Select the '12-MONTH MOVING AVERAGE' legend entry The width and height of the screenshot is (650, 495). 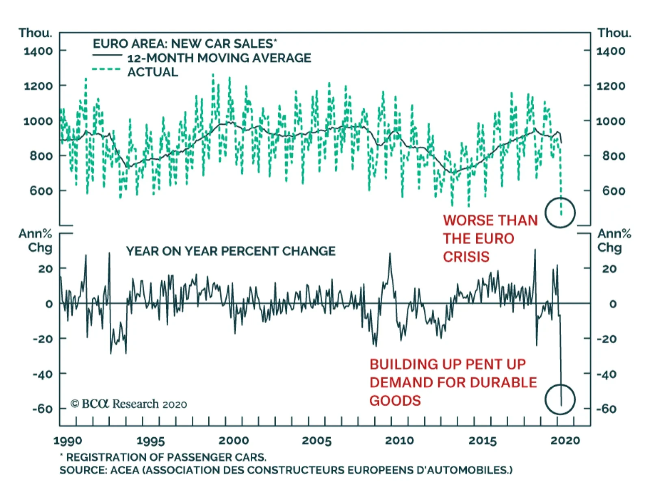pyautogui.click(x=219, y=58)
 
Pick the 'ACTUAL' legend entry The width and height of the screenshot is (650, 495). pyautogui.click(x=153, y=72)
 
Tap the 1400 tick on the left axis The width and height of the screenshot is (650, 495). pyautogui.click(x=38, y=51)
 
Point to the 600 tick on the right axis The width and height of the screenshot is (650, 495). pyautogui.click(x=614, y=191)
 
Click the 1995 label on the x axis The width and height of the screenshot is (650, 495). pyautogui.click(x=151, y=441)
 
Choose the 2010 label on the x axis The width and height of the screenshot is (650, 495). pyautogui.click(x=399, y=441)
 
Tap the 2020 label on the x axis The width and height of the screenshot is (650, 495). pyautogui.click(x=565, y=441)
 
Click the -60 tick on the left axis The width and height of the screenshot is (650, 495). pyautogui.click(x=43, y=408)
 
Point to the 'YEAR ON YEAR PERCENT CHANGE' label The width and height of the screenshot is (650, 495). pyautogui.click(x=231, y=252)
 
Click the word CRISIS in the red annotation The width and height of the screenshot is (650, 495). pyautogui.click(x=466, y=257)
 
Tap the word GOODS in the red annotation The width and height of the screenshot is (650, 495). pyautogui.click(x=395, y=401)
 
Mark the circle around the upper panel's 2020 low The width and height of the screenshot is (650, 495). pyautogui.click(x=560, y=213)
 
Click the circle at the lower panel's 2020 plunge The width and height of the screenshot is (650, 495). pyautogui.click(x=560, y=399)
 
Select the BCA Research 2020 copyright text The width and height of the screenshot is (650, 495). pyautogui.click(x=129, y=404)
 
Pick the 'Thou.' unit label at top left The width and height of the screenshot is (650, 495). pyautogui.click(x=35, y=33)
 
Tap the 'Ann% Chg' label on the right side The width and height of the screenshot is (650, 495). pyautogui.click(x=614, y=241)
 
